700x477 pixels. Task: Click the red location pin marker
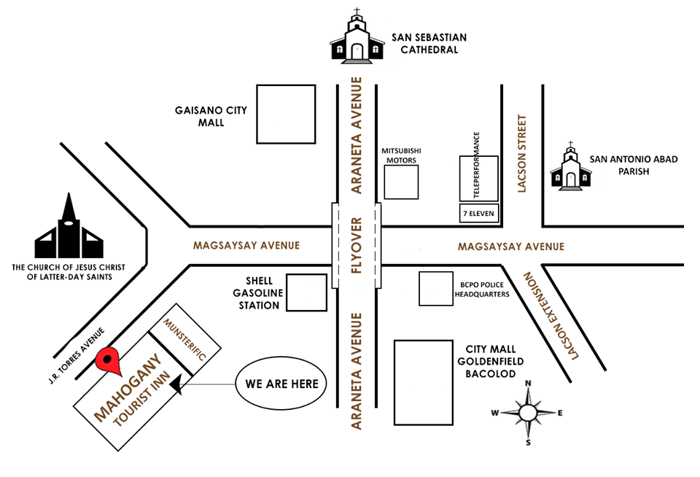point(109,360)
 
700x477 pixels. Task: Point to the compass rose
point(527,412)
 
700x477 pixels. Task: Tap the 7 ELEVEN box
point(478,214)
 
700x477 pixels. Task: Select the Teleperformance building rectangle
point(478,178)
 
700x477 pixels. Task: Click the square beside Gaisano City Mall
point(286,114)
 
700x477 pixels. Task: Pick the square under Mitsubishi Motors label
point(402,182)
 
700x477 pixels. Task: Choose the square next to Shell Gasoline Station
point(307,292)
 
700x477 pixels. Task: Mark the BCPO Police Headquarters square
point(436,289)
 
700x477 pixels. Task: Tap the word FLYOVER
point(357,245)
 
